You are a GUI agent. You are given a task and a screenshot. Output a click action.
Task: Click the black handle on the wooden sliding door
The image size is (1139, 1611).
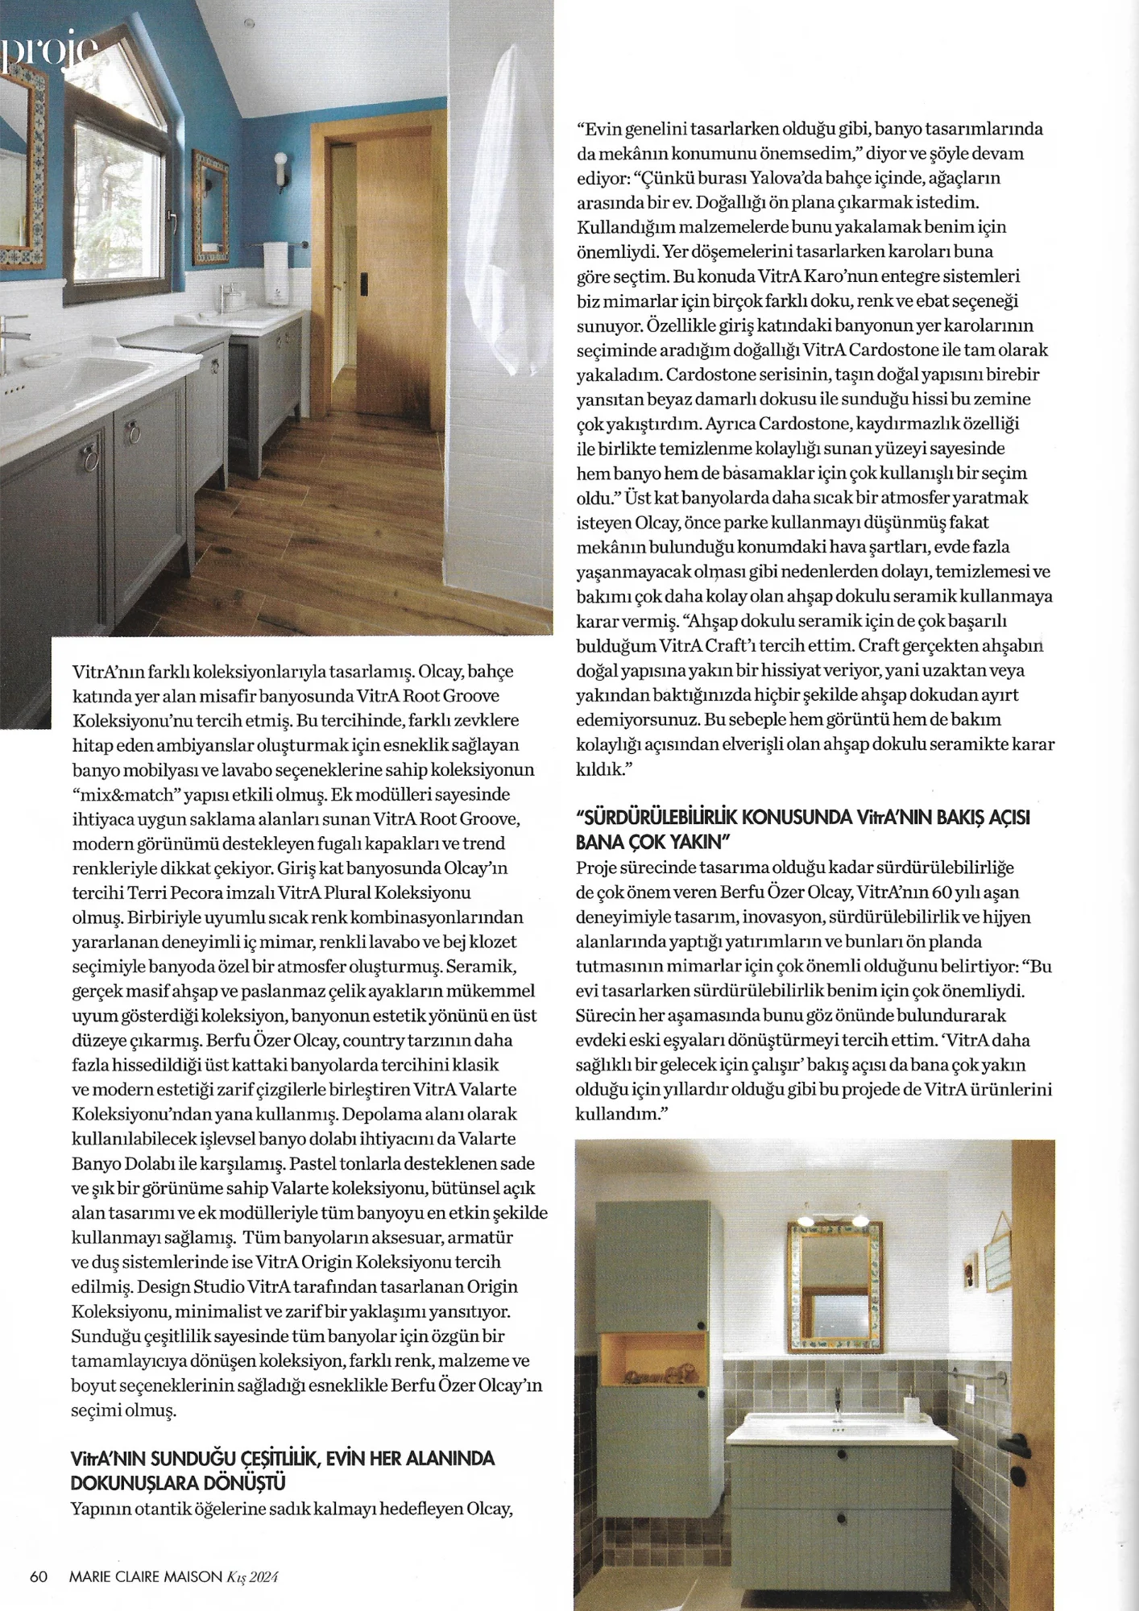(x=367, y=281)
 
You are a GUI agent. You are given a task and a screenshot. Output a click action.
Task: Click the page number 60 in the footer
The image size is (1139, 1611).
(x=39, y=1576)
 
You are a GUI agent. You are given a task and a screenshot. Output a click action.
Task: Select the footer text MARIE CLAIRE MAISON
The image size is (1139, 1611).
(x=137, y=1576)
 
